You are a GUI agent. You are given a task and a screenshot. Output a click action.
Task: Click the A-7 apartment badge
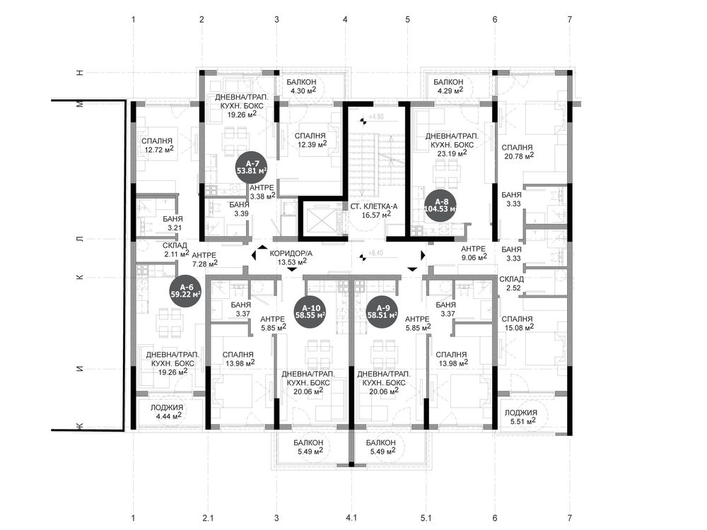[x=252, y=167]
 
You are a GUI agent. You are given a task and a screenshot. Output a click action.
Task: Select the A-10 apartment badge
[x=310, y=312]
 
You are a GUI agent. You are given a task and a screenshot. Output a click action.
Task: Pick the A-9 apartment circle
[x=382, y=312]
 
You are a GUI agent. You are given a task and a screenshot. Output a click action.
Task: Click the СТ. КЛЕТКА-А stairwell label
[x=373, y=211]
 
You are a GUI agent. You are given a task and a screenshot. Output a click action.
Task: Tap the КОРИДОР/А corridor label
[x=291, y=257]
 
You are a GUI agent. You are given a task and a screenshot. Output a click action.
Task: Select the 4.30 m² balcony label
[x=301, y=86]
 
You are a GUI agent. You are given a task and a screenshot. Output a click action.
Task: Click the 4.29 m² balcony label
[x=448, y=86]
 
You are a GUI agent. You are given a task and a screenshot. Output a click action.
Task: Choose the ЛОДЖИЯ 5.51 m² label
[x=521, y=416]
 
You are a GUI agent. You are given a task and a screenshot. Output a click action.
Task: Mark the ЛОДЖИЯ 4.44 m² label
[x=166, y=411]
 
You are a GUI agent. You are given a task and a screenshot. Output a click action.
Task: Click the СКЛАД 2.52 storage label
[x=511, y=284]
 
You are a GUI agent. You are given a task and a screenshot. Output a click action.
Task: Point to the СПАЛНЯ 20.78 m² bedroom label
[x=518, y=151]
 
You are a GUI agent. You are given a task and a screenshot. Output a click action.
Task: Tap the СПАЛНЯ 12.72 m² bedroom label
[x=157, y=145]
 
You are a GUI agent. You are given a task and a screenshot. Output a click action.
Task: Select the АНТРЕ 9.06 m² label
[x=473, y=253]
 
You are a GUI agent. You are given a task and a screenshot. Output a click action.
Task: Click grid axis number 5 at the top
[x=408, y=19]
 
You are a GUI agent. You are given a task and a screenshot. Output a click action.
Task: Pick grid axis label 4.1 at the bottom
[x=351, y=518]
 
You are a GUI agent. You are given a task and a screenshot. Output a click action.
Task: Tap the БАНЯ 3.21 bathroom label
[x=173, y=223]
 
